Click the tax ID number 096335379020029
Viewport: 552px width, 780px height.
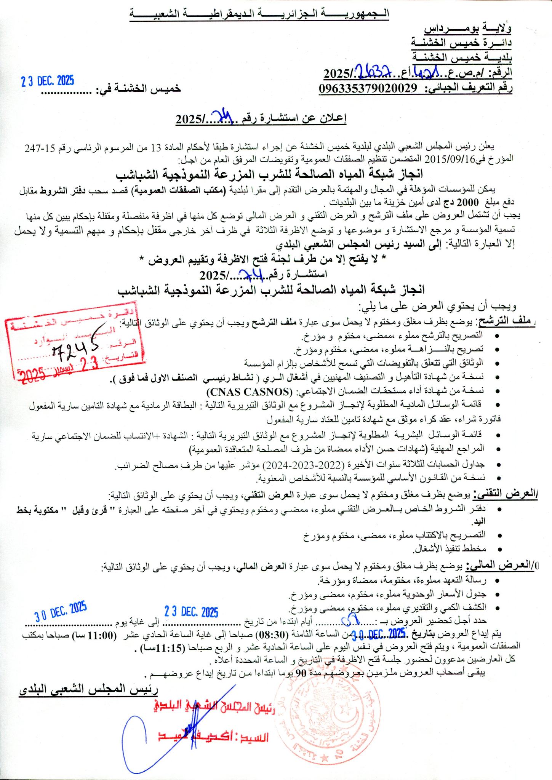[368, 88]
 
